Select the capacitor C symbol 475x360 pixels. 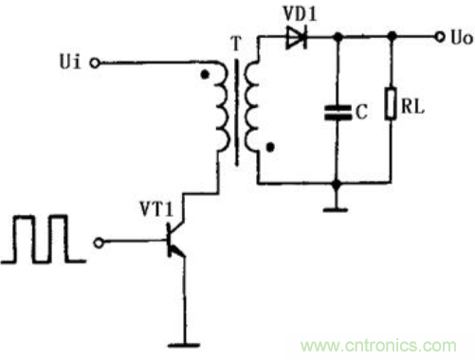335,112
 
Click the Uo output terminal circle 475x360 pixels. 438,38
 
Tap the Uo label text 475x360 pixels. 458,38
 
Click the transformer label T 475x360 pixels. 234,42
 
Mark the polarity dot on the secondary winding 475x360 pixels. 271,148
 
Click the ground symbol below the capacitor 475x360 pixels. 335,205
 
